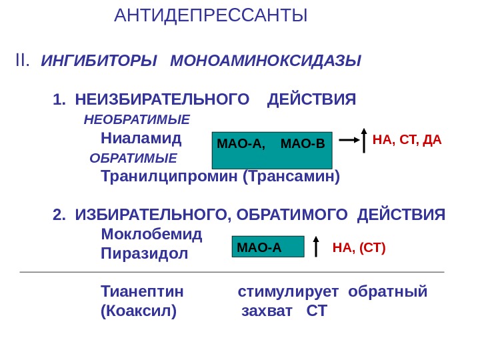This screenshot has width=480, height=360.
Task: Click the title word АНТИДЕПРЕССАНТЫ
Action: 211,15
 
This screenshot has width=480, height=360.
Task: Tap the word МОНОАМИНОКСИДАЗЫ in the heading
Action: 265,62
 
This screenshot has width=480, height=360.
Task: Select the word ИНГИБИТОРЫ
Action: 99,62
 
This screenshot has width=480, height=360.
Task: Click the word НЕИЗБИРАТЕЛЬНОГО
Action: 157,100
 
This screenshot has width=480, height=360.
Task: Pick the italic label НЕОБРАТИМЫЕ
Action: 137,120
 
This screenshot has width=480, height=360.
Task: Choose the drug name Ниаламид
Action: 141,139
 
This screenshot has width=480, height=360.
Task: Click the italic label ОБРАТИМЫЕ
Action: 133,159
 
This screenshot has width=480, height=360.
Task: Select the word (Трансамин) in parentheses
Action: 291,177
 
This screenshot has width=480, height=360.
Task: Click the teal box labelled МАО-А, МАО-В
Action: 271,150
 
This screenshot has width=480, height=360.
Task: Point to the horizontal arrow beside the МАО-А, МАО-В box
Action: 348,141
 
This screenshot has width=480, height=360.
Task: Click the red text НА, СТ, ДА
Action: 407,140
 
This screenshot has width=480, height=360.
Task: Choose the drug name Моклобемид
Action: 151,235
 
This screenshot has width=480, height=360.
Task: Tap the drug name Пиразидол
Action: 145,254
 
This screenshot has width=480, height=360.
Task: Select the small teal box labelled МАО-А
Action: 267,247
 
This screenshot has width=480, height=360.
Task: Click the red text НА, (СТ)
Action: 359,249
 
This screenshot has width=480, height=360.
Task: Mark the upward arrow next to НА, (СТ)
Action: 316,247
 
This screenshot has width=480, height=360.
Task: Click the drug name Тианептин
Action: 142,293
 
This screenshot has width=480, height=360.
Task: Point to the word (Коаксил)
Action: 139,311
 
